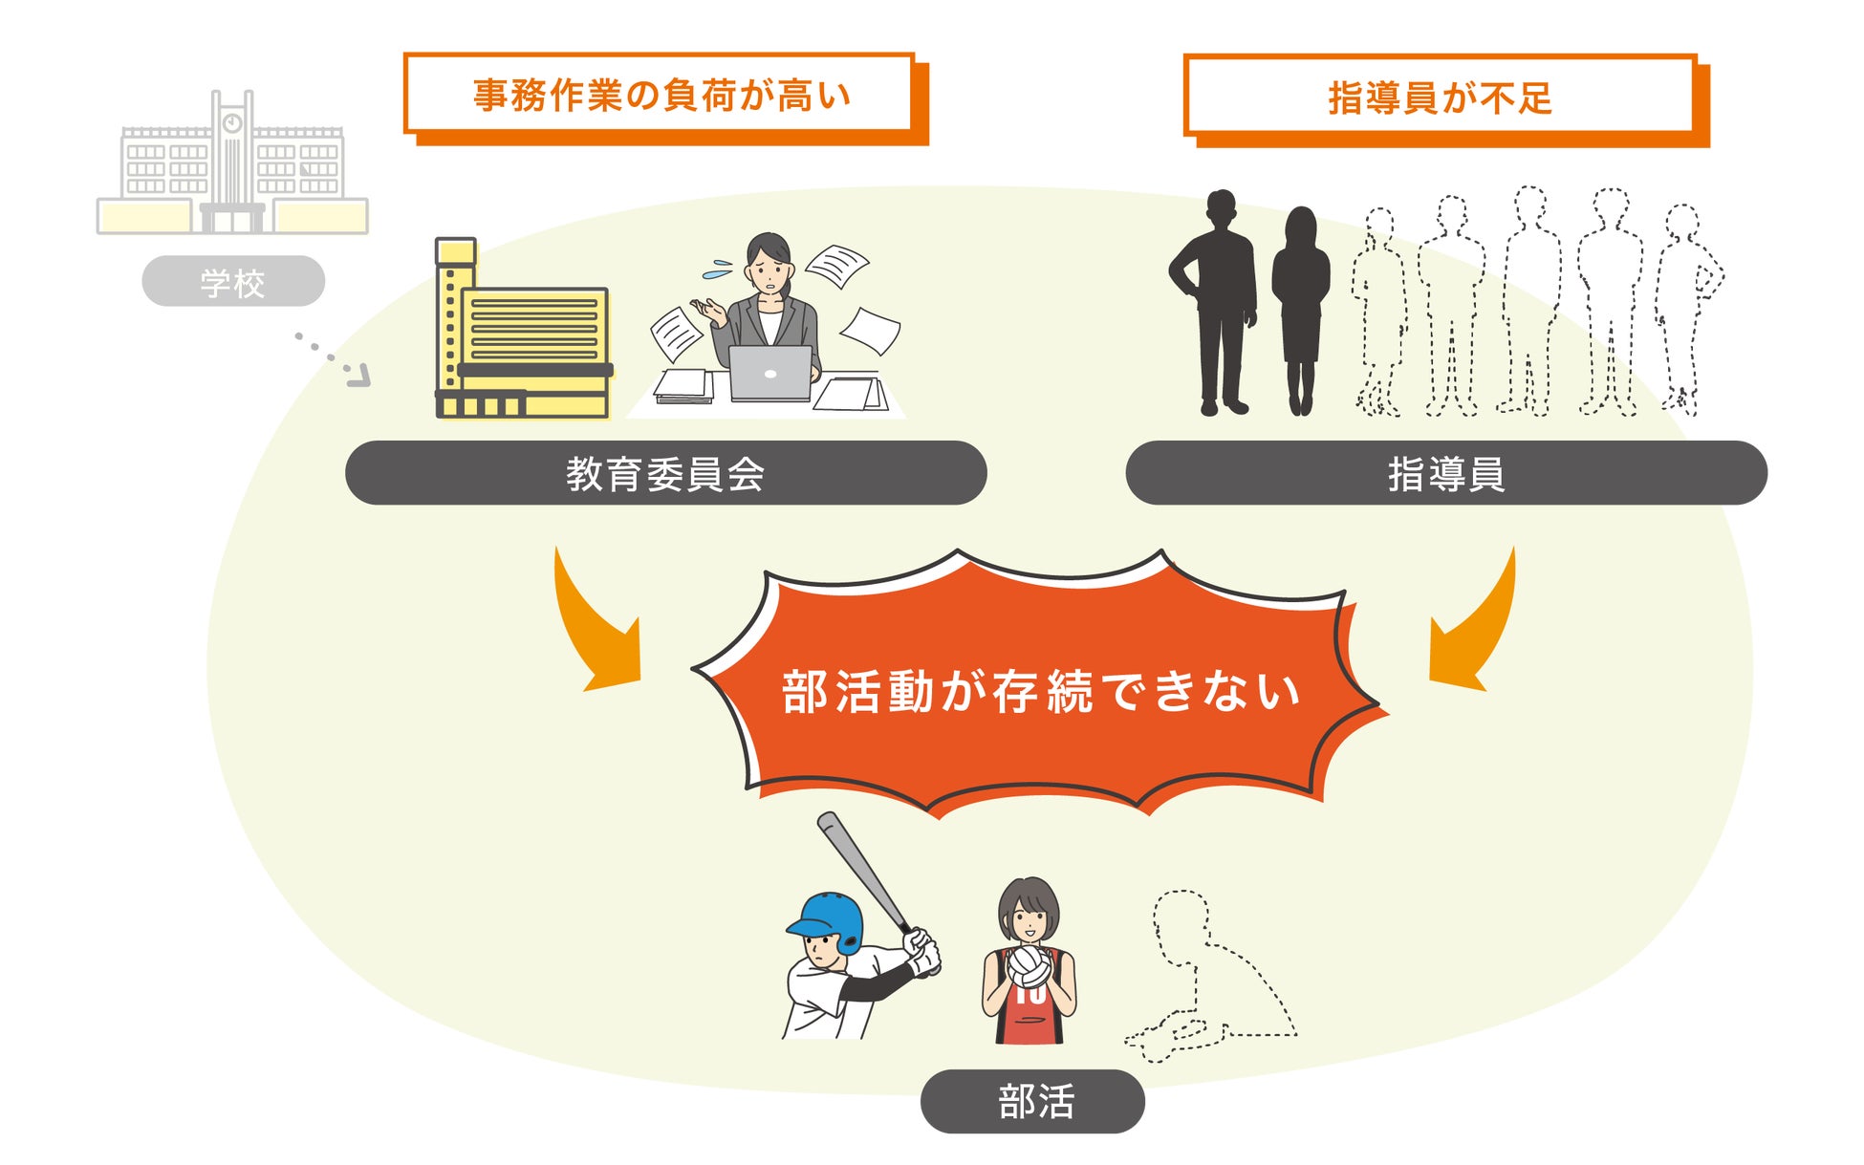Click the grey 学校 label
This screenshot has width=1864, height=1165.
click(x=233, y=282)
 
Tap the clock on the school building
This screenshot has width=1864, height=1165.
click(x=232, y=123)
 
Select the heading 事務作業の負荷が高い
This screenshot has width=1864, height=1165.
click(x=661, y=95)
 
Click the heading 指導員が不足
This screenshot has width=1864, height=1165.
click(x=1440, y=97)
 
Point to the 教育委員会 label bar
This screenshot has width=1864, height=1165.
click(x=665, y=473)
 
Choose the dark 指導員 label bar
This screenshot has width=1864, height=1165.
click(x=1445, y=473)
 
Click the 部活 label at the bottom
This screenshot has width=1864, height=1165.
click(x=1033, y=1101)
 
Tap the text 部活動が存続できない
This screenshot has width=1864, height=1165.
click(x=1040, y=690)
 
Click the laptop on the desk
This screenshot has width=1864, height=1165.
click(x=769, y=373)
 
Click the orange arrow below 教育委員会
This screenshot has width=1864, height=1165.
click(x=595, y=626)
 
